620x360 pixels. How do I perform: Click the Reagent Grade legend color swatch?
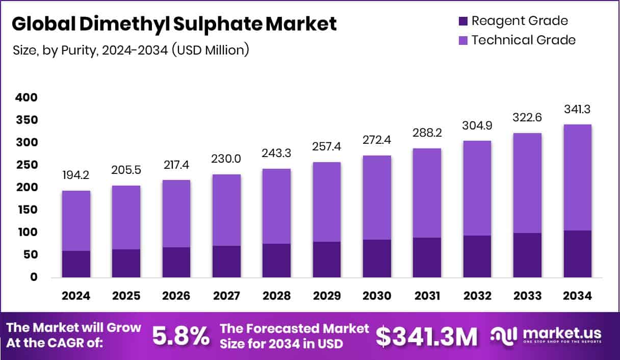click(x=462, y=21)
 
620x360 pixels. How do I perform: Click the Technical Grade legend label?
click(x=523, y=40)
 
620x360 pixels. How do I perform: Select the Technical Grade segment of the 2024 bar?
click(x=76, y=221)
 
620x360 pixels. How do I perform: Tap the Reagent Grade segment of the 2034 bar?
click(x=577, y=254)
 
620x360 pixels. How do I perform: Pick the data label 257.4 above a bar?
click(x=327, y=147)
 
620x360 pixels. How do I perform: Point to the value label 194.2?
click(x=76, y=176)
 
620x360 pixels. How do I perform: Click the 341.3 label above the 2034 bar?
click(x=577, y=110)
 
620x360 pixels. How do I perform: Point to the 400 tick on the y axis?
click(x=27, y=97)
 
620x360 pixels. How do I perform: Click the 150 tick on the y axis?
click(x=27, y=210)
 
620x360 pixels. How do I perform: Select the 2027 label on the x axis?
click(x=226, y=296)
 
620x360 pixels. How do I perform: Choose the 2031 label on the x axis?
click(x=427, y=296)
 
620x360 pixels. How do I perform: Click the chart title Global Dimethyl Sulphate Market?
click(x=174, y=24)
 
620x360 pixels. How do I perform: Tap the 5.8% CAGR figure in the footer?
click(x=181, y=336)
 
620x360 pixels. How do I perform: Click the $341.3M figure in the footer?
click(x=427, y=336)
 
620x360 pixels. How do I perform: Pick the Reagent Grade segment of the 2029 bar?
click(x=327, y=260)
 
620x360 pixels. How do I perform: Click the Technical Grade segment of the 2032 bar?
click(x=477, y=188)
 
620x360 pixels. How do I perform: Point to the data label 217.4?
click(x=176, y=165)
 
